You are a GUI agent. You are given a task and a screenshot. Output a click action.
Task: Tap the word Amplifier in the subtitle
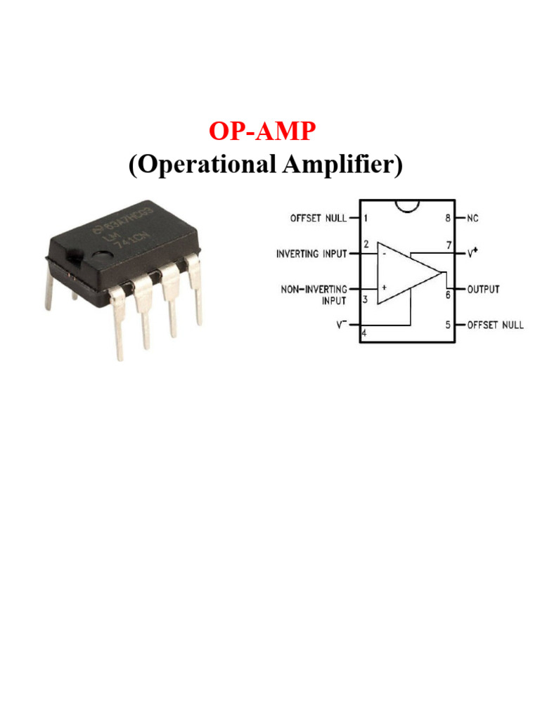[x=358, y=165]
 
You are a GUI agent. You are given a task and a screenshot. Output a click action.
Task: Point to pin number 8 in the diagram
[x=447, y=219]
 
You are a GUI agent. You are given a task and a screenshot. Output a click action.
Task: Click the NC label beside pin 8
[x=472, y=219]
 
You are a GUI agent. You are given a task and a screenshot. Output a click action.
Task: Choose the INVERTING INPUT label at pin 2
[x=311, y=253]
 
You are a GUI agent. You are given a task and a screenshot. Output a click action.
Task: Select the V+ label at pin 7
[x=472, y=253]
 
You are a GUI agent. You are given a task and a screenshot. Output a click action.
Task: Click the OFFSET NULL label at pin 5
[x=495, y=326]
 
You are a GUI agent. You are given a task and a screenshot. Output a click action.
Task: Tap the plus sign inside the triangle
[x=384, y=288]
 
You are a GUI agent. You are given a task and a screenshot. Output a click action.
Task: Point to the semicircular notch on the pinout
[x=407, y=205]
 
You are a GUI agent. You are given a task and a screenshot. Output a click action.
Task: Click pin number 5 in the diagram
[x=447, y=326]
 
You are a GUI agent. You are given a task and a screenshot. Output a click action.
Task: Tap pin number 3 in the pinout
[x=366, y=299]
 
